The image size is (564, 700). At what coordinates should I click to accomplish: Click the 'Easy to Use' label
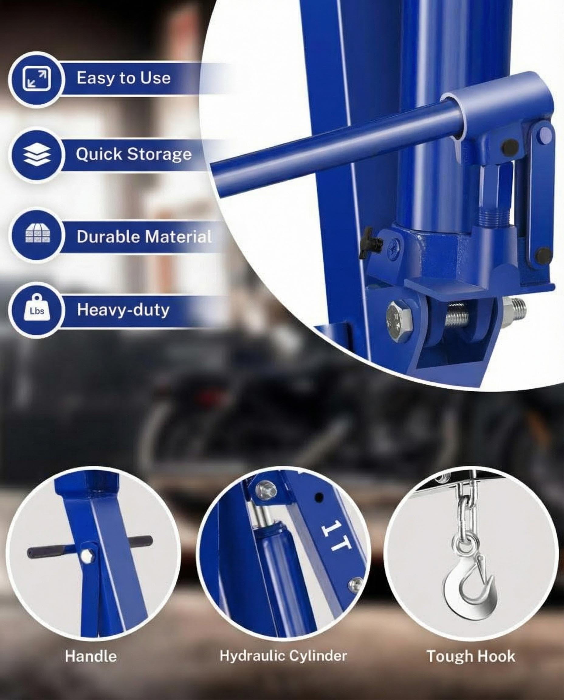123,78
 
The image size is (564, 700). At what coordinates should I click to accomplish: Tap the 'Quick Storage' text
133,154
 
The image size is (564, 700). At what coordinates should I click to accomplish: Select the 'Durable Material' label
144,236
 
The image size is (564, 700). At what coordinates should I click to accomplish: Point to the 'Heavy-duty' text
123,310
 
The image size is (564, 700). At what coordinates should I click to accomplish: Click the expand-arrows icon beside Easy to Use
36,79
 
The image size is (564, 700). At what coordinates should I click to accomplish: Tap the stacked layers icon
37,155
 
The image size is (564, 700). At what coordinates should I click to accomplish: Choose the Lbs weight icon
37,310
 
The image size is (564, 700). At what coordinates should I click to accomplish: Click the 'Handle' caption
91,656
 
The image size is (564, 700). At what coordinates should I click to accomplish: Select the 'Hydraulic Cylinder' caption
283,656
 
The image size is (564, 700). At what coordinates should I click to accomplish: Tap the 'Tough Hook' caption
471,656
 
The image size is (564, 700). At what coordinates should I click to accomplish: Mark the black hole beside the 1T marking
319,497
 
